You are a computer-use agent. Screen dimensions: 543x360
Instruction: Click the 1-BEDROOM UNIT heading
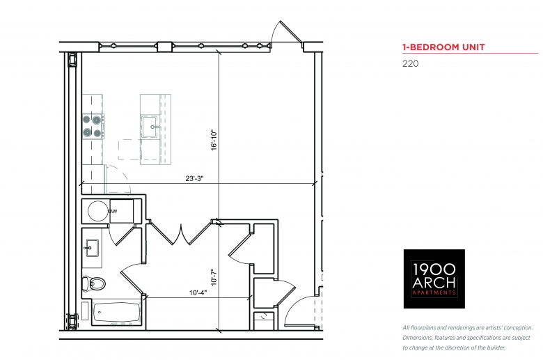(443, 47)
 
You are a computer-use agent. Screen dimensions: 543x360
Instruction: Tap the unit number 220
(410, 64)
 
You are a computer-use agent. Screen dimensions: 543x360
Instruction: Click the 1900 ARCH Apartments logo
(434, 279)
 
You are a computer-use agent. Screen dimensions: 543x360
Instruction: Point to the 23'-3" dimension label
(194, 178)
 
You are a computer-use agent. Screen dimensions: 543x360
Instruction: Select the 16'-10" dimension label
(214, 140)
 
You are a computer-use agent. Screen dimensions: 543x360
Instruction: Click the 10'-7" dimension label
(214, 277)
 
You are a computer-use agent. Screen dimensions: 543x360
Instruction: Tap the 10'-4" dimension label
(198, 292)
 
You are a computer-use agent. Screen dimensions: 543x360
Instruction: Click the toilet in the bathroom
(93, 283)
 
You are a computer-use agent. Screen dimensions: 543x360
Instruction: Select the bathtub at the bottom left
(116, 313)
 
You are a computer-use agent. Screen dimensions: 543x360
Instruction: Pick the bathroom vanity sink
(92, 248)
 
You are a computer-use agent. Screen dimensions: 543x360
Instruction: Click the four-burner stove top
(93, 127)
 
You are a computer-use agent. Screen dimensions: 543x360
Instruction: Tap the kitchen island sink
(150, 127)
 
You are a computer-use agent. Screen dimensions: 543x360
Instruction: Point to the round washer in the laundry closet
(98, 211)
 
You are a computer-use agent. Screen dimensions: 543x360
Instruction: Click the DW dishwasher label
(113, 211)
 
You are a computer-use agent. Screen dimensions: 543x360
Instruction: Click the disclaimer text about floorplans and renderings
(468, 338)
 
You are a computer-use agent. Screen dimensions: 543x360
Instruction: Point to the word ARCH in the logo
(434, 283)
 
